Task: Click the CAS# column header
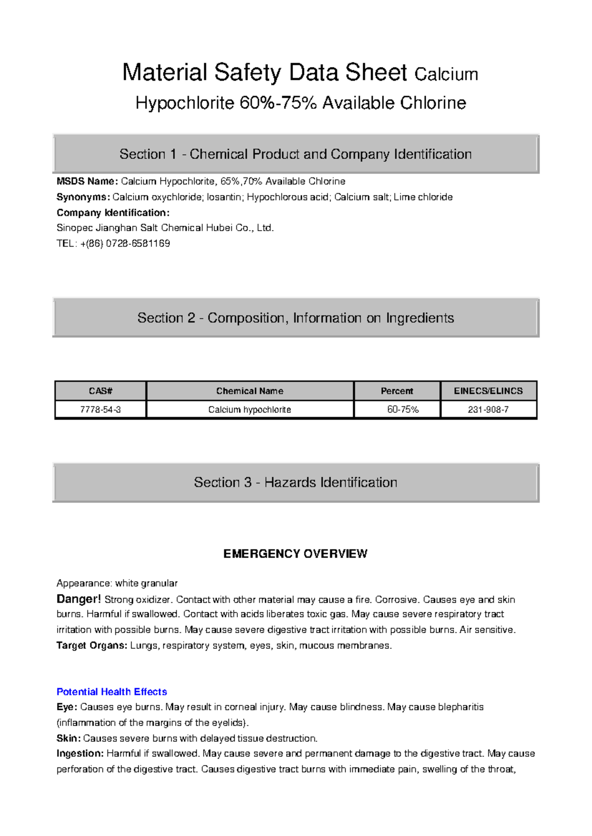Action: coord(101,391)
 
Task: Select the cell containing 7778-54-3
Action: coord(101,410)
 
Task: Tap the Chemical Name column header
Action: coord(250,391)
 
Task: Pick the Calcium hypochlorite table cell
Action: coord(250,410)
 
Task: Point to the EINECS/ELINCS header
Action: coord(488,391)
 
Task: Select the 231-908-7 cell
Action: coord(488,410)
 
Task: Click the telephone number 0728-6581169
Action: coord(138,244)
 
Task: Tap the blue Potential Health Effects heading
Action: coord(111,692)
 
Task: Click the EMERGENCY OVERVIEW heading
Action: coord(295,554)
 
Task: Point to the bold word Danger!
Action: coord(78,599)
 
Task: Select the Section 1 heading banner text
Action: coord(295,154)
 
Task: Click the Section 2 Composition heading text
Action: coord(295,318)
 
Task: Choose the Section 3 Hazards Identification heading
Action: coord(295,482)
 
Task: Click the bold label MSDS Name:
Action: coord(87,181)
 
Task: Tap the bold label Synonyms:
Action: coord(83,197)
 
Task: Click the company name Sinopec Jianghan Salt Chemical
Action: coord(165,228)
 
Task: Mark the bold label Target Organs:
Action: coord(92,645)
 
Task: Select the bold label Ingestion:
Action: coord(80,753)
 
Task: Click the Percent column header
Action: coord(397,391)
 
